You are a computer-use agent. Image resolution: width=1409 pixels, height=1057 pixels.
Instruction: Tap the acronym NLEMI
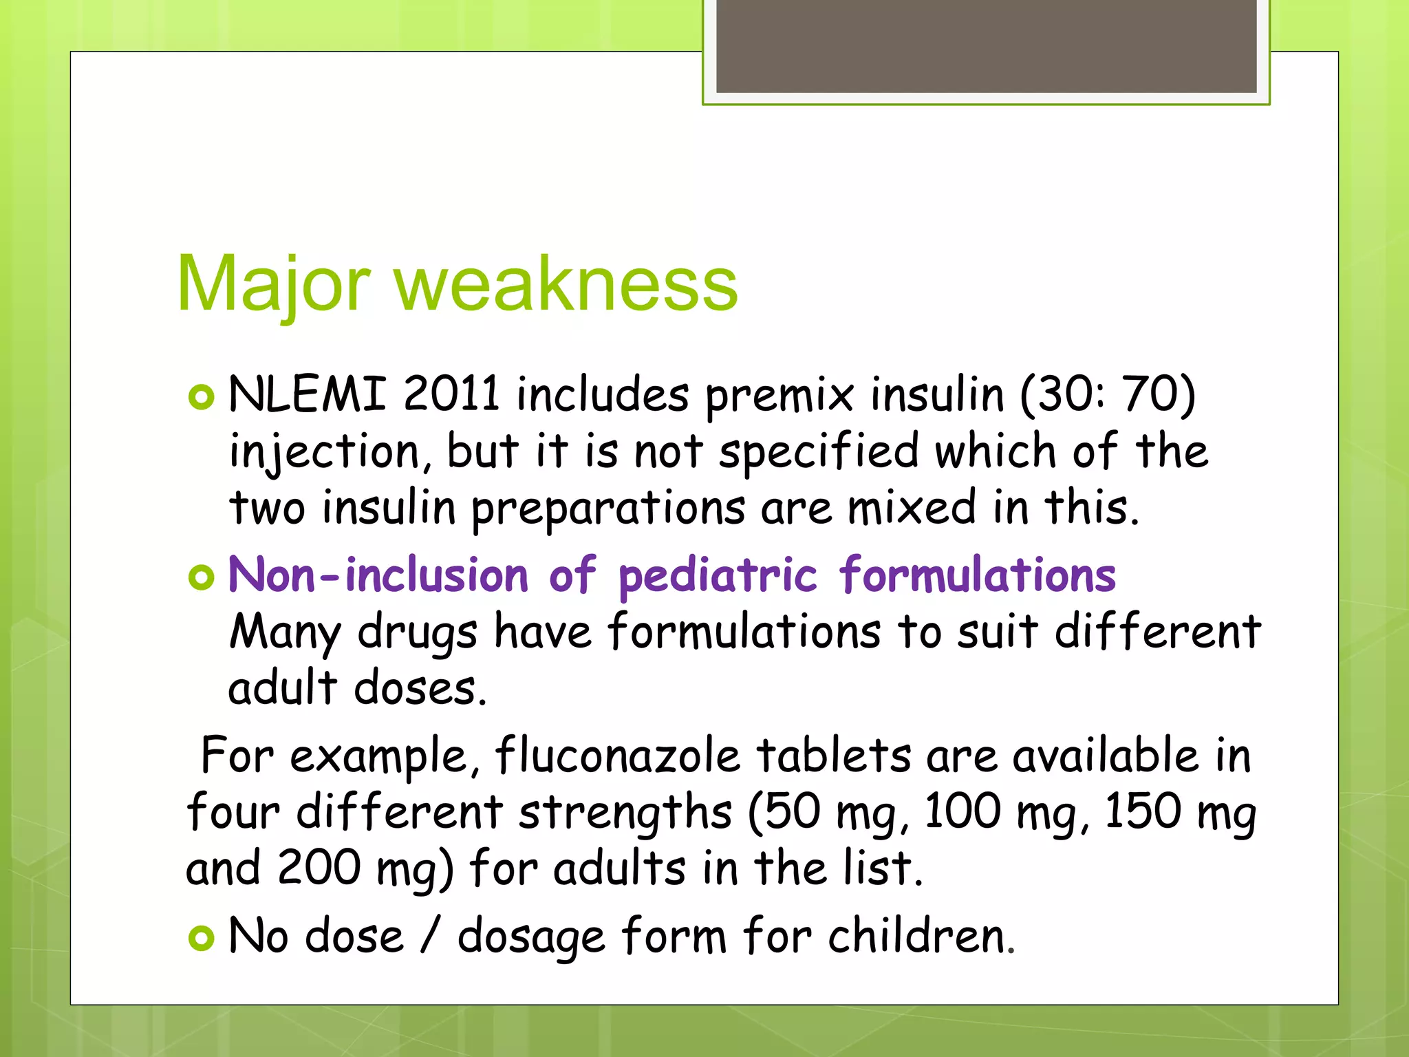(307, 394)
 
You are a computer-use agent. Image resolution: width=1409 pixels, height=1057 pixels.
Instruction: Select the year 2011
(451, 394)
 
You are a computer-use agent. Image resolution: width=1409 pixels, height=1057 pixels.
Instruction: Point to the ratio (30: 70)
(1108, 394)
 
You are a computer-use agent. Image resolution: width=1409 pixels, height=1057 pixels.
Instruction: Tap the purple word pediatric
(718, 575)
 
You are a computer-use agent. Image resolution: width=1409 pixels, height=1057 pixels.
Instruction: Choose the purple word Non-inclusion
(378, 575)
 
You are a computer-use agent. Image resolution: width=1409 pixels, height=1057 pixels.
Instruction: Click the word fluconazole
(617, 756)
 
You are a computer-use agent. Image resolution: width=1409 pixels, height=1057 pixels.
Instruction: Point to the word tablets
(834, 756)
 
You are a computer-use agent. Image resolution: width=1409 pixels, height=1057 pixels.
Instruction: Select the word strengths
(625, 813)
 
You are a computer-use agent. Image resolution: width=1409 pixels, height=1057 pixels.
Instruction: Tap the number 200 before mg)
(319, 868)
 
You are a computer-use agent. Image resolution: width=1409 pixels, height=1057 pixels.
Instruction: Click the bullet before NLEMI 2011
(202, 397)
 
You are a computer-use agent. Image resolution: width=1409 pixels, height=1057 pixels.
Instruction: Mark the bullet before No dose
(202, 938)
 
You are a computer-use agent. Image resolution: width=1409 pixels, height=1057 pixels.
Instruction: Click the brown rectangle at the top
(986, 45)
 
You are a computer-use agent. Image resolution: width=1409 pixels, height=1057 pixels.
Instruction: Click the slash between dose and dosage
(431, 937)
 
